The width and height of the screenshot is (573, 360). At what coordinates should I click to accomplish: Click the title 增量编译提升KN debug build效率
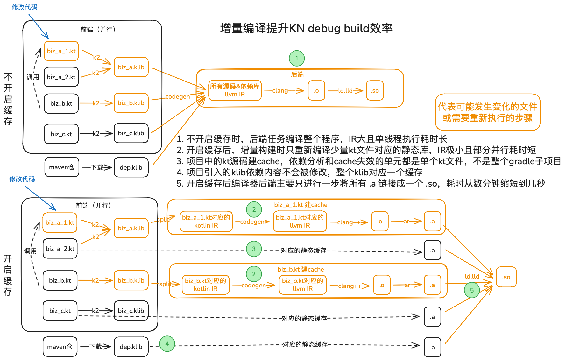pos(306,28)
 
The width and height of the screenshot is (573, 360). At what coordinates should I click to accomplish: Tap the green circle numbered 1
pos(297,58)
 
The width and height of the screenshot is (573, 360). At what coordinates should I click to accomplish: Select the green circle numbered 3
pos(254,249)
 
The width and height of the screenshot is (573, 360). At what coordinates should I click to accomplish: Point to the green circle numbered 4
pos(167,344)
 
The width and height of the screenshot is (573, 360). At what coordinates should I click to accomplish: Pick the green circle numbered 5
pos(472,290)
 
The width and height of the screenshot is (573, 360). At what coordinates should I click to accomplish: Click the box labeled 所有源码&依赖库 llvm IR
pos(235,90)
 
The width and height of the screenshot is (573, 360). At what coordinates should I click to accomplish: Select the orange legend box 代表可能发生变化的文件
pos(487,112)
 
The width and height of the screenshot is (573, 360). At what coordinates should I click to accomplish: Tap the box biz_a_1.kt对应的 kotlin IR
pos(206,222)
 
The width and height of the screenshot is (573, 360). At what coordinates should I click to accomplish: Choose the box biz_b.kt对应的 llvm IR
pos(302,285)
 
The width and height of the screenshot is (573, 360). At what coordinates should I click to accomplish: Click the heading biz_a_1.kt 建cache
pos(301,205)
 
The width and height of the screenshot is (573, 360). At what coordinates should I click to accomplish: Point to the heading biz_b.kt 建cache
pos(301,269)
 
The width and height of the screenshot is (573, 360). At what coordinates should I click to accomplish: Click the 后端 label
pos(297,74)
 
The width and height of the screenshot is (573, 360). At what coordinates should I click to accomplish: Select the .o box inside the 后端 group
pos(316,91)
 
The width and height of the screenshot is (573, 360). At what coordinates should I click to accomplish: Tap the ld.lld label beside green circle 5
pos(472,276)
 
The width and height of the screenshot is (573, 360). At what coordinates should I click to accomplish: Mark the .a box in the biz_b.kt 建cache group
pos(432,285)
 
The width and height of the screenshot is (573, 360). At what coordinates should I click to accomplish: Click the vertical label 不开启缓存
pos(8,99)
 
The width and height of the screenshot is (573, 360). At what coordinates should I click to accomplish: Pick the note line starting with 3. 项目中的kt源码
pos(368,161)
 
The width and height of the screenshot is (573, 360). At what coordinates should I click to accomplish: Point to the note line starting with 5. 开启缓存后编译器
pos(360,183)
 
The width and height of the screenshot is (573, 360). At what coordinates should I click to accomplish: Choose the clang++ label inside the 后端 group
pos(284,91)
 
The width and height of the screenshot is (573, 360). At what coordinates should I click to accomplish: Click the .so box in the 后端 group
pos(375,91)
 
